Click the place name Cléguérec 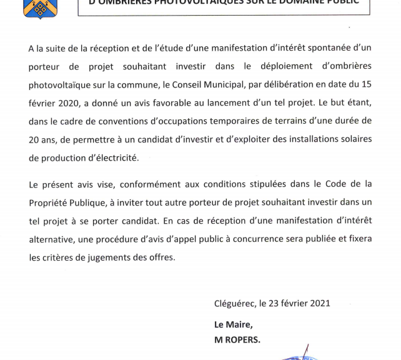click(x=235, y=303)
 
